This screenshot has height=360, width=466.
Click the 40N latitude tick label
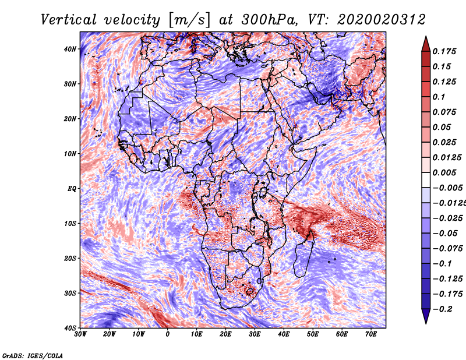(x=70, y=49)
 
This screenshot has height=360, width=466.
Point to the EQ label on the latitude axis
(x=72, y=189)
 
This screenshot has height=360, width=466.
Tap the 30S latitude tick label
(x=70, y=293)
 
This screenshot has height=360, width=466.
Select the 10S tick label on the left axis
(x=70, y=223)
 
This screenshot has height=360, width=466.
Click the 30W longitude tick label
(x=80, y=334)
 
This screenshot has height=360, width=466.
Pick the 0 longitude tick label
(x=168, y=334)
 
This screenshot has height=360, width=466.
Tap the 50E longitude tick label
(x=313, y=334)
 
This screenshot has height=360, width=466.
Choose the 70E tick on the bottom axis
(x=371, y=334)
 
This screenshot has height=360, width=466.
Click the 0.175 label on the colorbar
(x=444, y=51)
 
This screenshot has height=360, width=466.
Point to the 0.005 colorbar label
(x=444, y=172)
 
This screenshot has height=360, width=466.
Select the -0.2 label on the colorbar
(x=443, y=309)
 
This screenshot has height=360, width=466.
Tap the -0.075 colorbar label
(x=448, y=248)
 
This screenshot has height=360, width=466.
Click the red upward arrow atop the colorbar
(x=426, y=44)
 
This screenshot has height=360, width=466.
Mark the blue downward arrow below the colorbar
(x=426, y=316)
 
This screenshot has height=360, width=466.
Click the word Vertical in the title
(x=69, y=20)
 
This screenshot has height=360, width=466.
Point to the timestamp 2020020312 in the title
(x=382, y=20)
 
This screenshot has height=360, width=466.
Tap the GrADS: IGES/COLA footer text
(x=33, y=356)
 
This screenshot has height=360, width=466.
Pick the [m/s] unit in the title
(x=189, y=20)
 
